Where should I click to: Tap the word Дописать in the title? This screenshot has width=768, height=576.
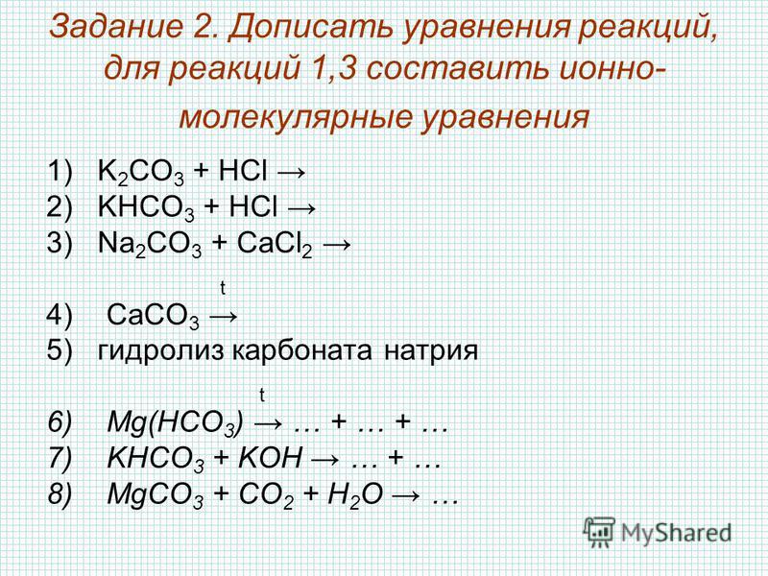pyautogui.click(x=312, y=28)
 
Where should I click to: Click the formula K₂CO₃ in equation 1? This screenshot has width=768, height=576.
pyautogui.click(x=141, y=173)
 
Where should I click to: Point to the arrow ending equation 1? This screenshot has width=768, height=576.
pyautogui.click(x=292, y=172)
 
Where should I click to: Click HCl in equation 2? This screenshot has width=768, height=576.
pyautogui.click(x=253, y=206)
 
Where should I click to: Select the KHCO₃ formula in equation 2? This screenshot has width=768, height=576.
pyautogui.click(x=147, y=208)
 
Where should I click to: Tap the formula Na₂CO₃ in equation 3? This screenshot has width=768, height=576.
pyautogui.click(x=150, y=244)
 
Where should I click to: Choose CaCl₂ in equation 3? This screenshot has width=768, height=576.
pyautogui.click(x=275, y=244)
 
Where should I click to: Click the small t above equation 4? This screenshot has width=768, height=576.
pyautogui.click(x=223, y=288)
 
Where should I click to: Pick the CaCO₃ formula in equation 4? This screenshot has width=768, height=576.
pyautogui.click(x=154, y=316)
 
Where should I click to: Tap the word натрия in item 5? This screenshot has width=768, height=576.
pyautogui.click(x=430, y=351)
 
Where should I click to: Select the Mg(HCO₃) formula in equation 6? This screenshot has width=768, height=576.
pyautogui.click(x=175, y=423)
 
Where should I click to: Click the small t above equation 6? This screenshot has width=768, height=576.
pyautogui.click(x=262, y=395)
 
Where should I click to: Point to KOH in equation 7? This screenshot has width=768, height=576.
pyautogui.click(x=270, y=458)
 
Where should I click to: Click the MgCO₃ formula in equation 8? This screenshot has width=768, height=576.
pyautogui.click(x=156, y=494)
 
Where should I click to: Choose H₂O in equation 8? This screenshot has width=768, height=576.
pyautogui.click(x=355, y=494)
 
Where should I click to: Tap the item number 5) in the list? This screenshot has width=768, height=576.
pyautogui.click(x=60, y=350)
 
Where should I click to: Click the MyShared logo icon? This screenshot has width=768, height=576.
pyautogui.click(x=599, y=532)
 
